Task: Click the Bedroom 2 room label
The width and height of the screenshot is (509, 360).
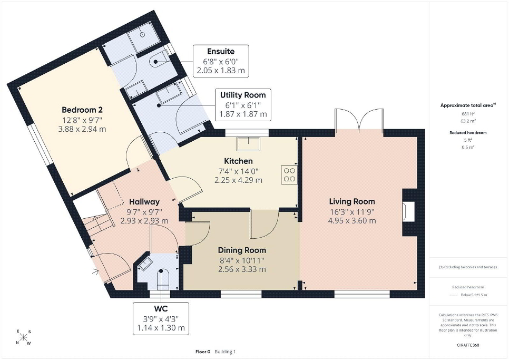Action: point(82,110)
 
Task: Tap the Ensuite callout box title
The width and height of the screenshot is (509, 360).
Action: point(221,51)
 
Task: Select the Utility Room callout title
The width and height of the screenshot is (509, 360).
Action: point(243,95)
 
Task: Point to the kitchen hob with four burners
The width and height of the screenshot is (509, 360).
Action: point(289,174)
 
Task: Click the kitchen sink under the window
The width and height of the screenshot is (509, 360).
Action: point(249,144)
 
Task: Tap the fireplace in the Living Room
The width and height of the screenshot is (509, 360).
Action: point(408,212)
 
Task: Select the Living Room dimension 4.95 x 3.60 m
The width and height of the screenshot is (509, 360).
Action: point(352,221)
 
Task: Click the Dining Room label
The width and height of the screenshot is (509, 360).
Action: point(242,250)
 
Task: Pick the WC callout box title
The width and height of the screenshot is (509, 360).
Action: point(161,308)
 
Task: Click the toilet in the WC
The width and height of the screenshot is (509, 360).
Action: point(163,279)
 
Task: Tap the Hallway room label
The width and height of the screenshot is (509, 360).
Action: point(144,201)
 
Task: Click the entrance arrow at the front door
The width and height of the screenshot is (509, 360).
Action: point(95,271)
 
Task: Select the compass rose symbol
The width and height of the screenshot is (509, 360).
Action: point(24,337)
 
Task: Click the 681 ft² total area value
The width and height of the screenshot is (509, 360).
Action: point(468,114)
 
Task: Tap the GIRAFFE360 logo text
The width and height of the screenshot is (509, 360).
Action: point(468,345)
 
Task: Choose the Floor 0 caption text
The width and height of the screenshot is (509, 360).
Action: point(203,352)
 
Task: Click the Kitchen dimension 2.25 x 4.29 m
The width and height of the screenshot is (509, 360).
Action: point(238,180)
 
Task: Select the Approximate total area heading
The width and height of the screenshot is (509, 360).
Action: point(468,105)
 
